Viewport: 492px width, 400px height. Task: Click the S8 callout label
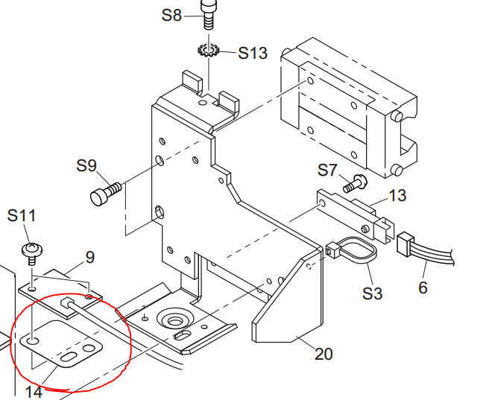(171, 15)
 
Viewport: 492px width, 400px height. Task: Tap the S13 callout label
(253, 53)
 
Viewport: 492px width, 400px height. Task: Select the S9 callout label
(86, 165)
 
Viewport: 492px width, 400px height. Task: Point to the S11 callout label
(22, 216)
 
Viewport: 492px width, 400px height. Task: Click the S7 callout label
(327, 171)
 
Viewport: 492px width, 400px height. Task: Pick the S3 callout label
(372, 293)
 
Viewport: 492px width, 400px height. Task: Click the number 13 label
(397, 195)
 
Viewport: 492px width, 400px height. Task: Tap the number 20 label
(324, 354)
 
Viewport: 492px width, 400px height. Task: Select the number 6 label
(423, 288)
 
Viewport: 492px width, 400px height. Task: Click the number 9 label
(90, 258)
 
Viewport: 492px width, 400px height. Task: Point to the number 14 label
(34, 392)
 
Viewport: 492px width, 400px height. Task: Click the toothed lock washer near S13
(208, 50)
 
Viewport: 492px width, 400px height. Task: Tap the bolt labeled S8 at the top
(209, 14)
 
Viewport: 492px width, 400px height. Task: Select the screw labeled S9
(106, 194)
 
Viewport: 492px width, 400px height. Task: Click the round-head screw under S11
(32, 253)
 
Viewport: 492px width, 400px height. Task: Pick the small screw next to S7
(355, 184)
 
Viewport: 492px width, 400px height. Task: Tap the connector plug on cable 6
(406, 244)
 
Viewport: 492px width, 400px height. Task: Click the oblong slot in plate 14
(69, 357)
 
